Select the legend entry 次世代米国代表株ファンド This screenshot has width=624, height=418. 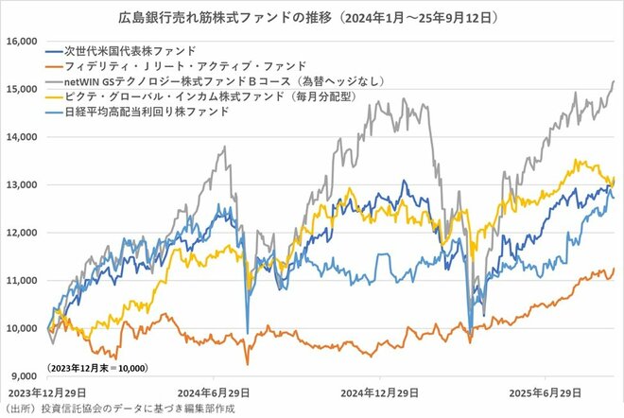[x=131, y=49]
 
